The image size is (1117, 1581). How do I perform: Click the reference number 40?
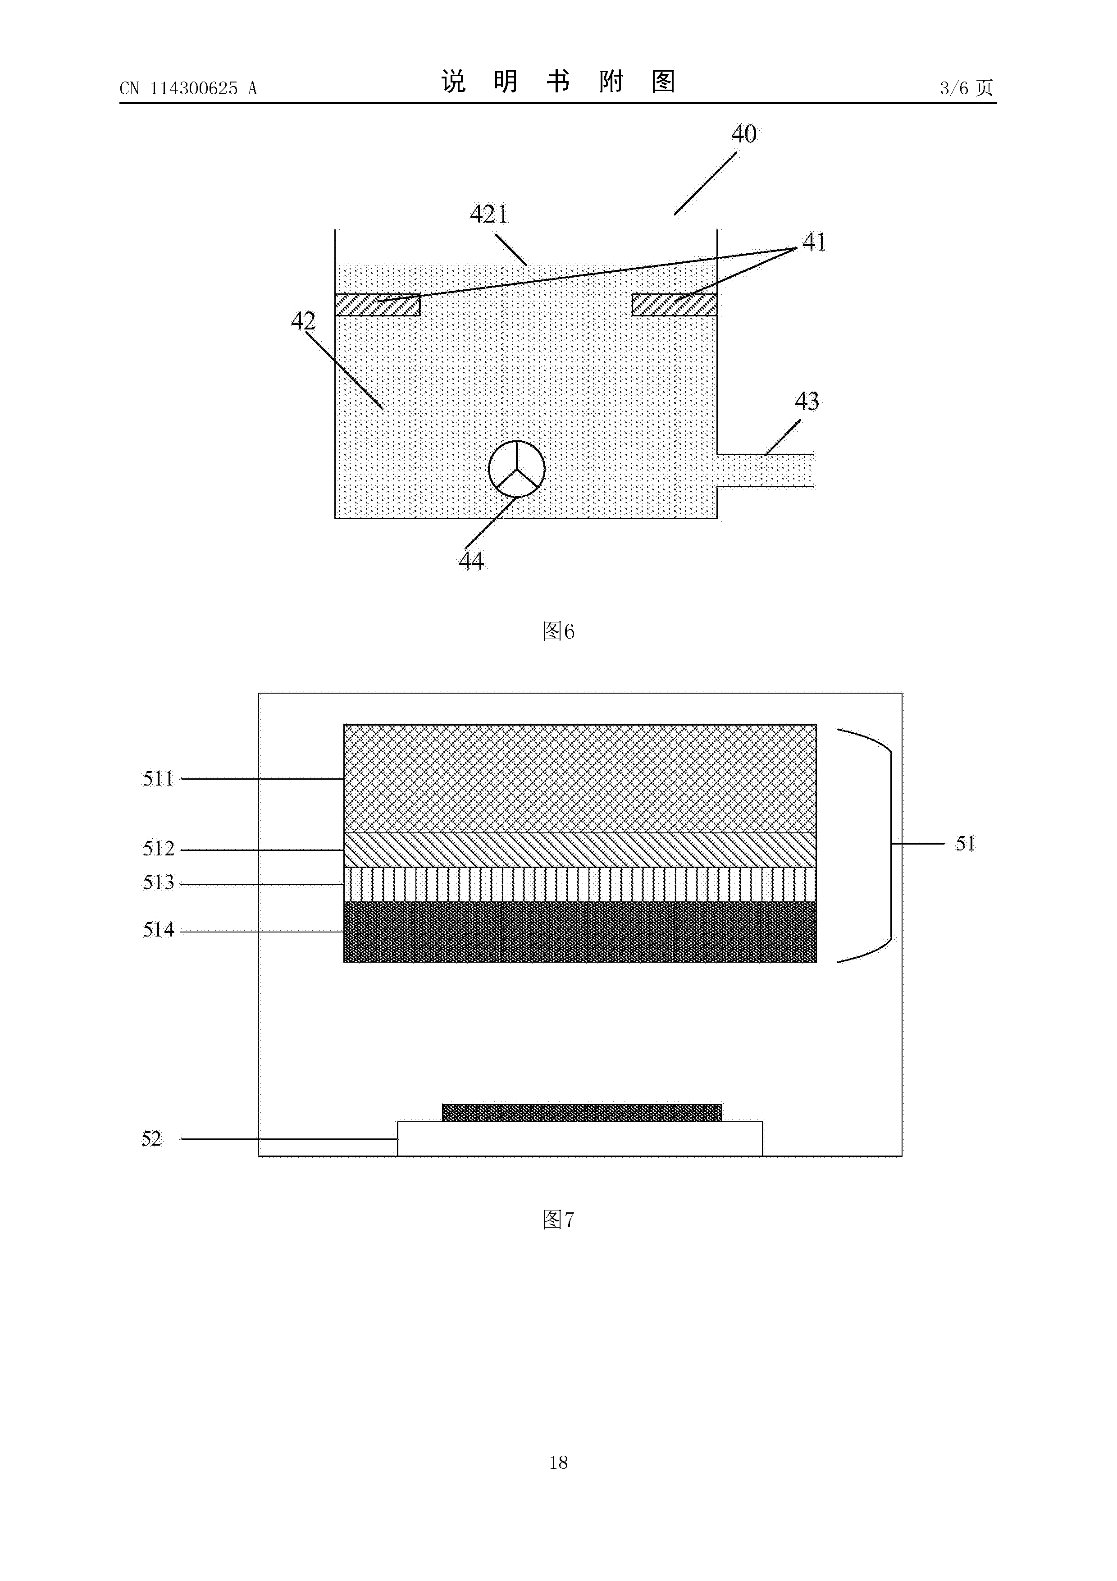pyautogui.click(x=743, y=133)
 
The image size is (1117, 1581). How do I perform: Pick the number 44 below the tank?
pyautogui.click(x=471, y=561)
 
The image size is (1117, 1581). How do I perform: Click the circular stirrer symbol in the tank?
pyautogui.click(x=516, y=469)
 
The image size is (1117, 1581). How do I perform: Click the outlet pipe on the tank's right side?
pyautogui.click(x=765, y=471)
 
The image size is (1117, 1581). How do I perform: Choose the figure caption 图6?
pyautogui.click(x=558, y=631)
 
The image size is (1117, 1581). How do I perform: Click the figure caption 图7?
pyautogui.click(x=558, y=1220)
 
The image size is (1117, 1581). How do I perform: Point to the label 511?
pyautogui.click(x=158, y=779)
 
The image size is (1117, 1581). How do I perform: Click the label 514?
pyautogui.click(x=158, y=930)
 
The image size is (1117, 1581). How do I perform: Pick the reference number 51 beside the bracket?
pyautogui.click(x=966, y=844)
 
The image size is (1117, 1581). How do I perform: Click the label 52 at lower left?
pyautogui.click(x=151, y=1139)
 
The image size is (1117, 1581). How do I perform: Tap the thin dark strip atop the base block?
pyautogui.click(x=582, y=1113)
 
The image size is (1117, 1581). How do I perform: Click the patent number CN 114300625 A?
pyautogui.click(x=188, y=88)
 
